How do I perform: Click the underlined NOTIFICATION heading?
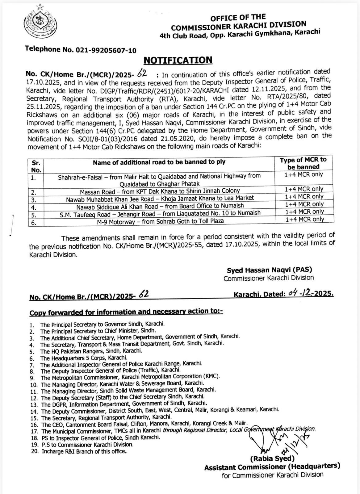(x=178, y=60)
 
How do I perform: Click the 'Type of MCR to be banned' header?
(x=303, y=163)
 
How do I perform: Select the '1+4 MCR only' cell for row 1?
(x=304, y=174)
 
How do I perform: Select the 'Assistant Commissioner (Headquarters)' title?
(x=272, y=467)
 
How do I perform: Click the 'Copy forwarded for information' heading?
(x=126, y=312)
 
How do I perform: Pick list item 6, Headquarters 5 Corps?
(x=83, y=358)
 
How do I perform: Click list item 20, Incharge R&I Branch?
(x=83, y=451)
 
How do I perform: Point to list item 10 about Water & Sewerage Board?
(x=117, y=384)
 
